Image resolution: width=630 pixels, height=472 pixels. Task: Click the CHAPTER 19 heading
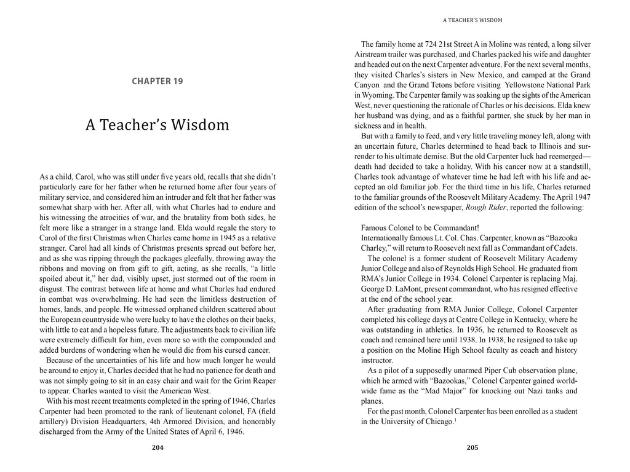[x=157, y=81]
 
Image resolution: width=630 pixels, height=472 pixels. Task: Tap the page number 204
[x=157, y=448]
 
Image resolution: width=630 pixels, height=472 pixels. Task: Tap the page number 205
[x=472, y=448]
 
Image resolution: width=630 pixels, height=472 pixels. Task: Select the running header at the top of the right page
[x=472, y=20]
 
